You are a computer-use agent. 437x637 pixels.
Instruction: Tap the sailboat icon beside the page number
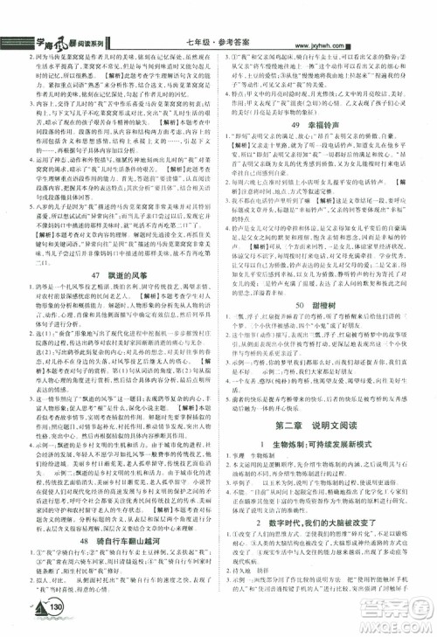point(33,607)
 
